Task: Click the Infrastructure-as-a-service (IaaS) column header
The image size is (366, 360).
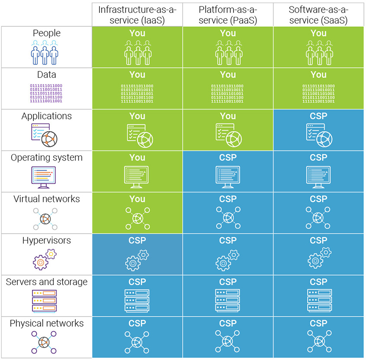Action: coord(137,15)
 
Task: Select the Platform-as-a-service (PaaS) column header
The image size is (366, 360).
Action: coord(228,15)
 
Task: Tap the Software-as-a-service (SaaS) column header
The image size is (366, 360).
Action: coord(318,15)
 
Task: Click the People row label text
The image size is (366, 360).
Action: coord(47,33)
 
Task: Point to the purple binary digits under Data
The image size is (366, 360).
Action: coord(46,93)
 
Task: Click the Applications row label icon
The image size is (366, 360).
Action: coord(44,134)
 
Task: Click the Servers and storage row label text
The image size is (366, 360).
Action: coord(47,282)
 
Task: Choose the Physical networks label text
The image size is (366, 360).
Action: coord(47,324)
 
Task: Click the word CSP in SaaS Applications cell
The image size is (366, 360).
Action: coord(318,116)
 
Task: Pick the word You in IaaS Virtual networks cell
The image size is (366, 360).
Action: coord(137,199)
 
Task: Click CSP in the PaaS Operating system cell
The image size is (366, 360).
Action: coord(228,157)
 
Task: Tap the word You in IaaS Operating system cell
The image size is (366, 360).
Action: coord(137,157)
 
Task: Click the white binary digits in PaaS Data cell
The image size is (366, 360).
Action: coord(228,93)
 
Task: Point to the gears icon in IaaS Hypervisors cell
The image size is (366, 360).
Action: coord(137,260)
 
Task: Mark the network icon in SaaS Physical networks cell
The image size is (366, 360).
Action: coord(318,342)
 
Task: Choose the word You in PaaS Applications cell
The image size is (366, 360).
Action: coord(228,116)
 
